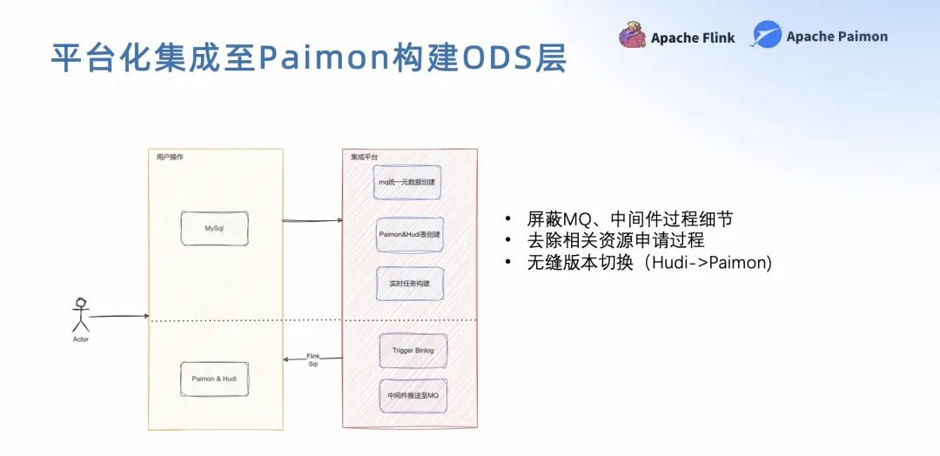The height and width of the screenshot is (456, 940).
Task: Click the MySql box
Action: (x=214, y=228)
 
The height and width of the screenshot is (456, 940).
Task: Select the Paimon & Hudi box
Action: (x=214, y=379)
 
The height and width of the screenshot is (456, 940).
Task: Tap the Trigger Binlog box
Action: (x=413, y=350)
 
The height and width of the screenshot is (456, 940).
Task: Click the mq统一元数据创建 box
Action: (x=406, y=183)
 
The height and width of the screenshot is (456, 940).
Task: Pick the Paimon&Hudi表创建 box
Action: (x=410, y=234)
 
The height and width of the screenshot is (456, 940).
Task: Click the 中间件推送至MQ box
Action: (x=413, y=396)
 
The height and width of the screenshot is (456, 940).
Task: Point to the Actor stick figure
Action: (x=81, y=314)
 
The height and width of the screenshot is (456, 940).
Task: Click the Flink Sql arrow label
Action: (x=313, y=360)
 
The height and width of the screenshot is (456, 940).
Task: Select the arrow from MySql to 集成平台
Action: (x=312, y=220)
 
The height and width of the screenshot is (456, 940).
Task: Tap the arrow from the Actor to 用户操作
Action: (x=119, y=317)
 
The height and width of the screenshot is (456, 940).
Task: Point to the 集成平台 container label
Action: (x=365, y=157)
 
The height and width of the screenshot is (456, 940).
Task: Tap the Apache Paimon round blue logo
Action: (x=767, y=35)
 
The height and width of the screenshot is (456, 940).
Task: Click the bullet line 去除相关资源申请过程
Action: (x=615, y=240)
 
